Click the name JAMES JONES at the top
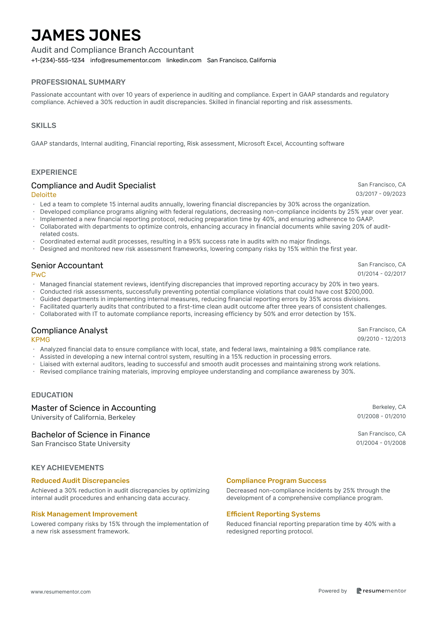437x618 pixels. (86, 35)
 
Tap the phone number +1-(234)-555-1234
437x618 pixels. (58, 60)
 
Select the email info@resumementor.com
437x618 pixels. (125, 60)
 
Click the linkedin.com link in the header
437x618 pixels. (184, 60)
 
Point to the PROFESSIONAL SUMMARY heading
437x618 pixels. (78, 82)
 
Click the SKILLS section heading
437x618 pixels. (44, 125)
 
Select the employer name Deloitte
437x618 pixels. (44, 195)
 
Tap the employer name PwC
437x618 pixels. (38, 275)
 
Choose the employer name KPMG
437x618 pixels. (41, 340)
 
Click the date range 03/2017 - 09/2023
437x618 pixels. (380, 194)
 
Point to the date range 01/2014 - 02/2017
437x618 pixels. (381, 274)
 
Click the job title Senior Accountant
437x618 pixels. (67, 265)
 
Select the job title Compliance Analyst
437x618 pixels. (69, 331)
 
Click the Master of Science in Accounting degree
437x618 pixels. (93, 408)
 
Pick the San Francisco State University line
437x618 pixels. (81, 444)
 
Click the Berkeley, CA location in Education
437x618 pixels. (389, 407)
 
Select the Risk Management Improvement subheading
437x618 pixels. (84, 514)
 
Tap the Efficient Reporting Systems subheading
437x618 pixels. (273, 514)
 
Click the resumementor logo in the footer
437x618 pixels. (381, 591)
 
